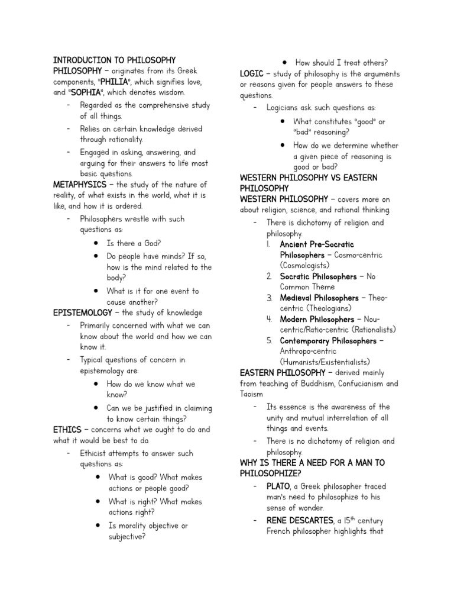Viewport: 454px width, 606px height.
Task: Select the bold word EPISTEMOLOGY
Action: pos(82,312)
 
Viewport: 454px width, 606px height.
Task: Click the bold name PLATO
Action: pos(279,486)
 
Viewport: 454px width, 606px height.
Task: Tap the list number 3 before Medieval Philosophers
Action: pos(269,298)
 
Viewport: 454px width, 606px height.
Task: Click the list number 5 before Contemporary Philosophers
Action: pos(269,341)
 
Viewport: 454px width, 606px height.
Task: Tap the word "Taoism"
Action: pos(251,394)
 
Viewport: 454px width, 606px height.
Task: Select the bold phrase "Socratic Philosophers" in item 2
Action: pos(318,276)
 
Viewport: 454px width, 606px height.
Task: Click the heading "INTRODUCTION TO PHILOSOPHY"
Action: pos(115,60)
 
